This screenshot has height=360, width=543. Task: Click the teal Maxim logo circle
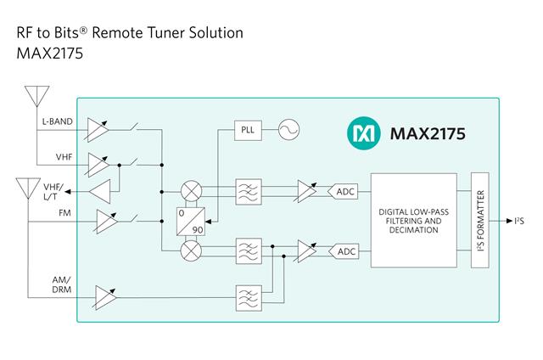click(361, 133)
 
